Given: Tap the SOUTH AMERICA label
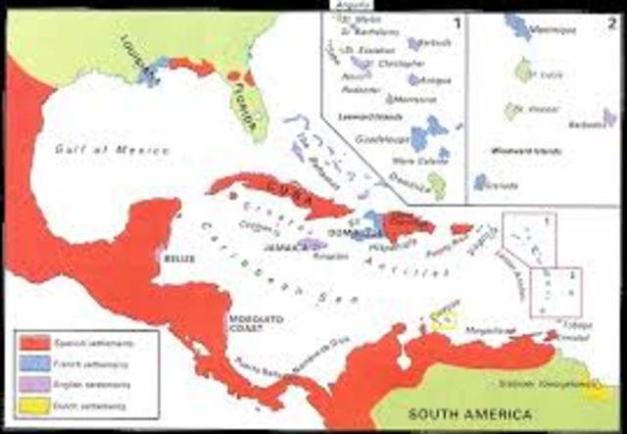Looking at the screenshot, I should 462,412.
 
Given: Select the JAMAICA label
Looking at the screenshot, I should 284,248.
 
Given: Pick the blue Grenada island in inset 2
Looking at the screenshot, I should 481,182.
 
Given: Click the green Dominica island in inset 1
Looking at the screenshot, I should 437,183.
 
